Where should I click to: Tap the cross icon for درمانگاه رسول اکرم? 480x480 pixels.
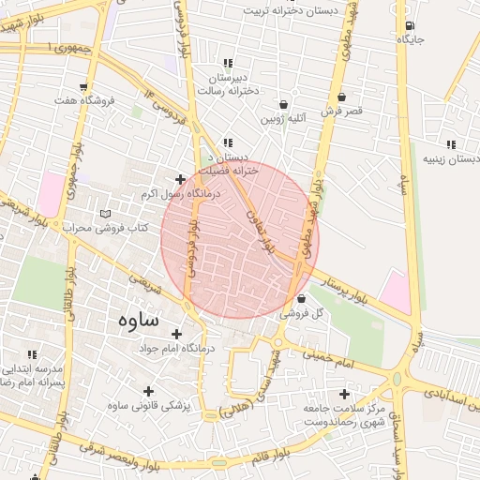[x=180, y=179]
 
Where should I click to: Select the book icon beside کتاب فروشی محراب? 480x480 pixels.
[x=103, y=214]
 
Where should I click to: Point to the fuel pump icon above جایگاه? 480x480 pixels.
[x=409, y=25]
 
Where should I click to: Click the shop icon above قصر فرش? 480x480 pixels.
[x=341, y=97]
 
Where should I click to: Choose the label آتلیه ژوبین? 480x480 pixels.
[x=282, y=119]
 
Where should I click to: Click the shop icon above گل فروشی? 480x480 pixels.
[x=300, y=298]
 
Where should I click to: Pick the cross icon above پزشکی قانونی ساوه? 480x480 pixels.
[x=147, y=391]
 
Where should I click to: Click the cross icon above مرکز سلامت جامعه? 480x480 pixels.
[x=344, y=394]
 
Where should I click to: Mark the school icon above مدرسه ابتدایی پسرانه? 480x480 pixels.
[x=32, y=354]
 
